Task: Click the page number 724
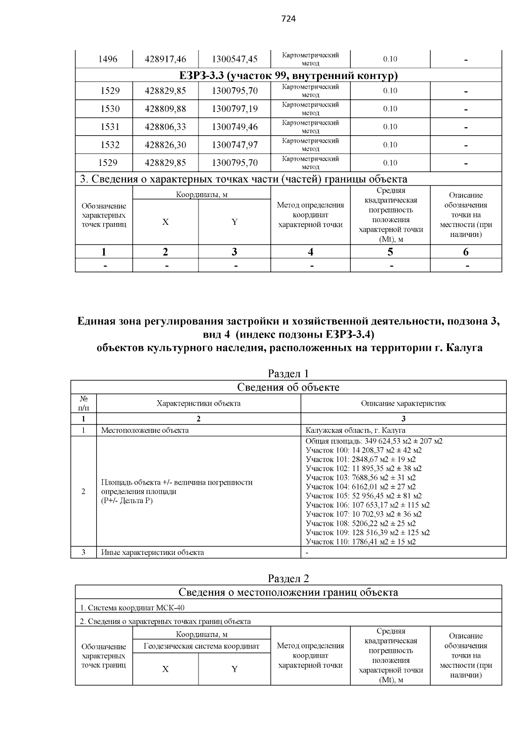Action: tap(288, 18)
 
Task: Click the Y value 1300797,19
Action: tap(235, 109)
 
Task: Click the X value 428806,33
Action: tap(165, 127)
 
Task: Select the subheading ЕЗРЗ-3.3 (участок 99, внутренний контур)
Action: tap(288, 76)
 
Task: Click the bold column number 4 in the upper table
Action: tap(310, 252)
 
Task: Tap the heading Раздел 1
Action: tap(288, 374)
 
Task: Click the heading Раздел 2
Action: tap(288, 578)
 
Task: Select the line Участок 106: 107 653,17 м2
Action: tap(368, 505)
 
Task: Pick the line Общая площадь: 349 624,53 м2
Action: tap(374, 441)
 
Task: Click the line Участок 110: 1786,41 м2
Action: tap(361, 542)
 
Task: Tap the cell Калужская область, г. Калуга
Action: tap(355, 430)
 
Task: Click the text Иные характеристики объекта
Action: tap(152, 552)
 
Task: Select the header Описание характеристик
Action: tap(403, 403)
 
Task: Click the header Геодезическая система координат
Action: tap(202, 646)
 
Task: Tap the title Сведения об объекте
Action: tap(288, 387)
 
